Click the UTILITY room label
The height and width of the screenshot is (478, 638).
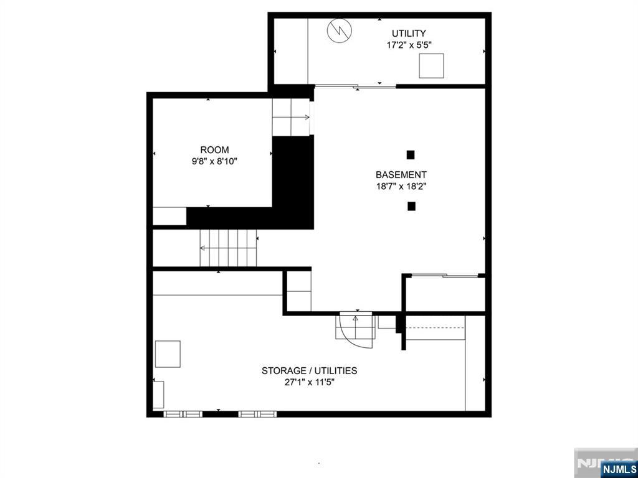click(409, 34)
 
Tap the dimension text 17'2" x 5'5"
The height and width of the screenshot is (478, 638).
click(409, 45)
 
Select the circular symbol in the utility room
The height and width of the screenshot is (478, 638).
click(340, 30)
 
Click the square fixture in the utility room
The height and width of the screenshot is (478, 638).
click(431, 65)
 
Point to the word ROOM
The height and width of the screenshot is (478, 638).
click(214, 149)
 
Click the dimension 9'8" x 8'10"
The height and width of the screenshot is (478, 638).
click(214, 161)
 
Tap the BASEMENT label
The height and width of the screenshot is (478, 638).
click(401, 175)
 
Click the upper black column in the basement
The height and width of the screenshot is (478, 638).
click(411, 155)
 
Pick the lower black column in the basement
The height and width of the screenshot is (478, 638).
click(411, 207)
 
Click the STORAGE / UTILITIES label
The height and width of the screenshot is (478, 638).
click(309, 371)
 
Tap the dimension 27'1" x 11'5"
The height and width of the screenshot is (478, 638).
click(309, 383)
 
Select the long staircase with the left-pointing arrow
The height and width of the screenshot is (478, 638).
click(228, 248)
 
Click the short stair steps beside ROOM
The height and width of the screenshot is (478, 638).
click(291, 118)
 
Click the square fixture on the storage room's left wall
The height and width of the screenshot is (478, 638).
click(168, 354)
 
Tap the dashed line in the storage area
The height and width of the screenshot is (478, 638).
click(436, 327)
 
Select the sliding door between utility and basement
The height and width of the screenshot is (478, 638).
click(355, 86)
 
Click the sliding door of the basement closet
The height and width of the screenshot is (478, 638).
click(445, 276)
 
